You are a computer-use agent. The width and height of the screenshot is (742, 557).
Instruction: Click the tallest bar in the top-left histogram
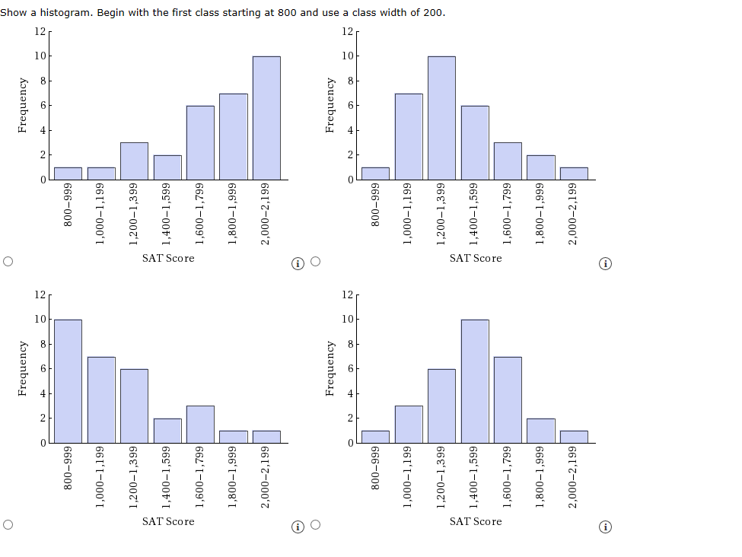tap(266, 118)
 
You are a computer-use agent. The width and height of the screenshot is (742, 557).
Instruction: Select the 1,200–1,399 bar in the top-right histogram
tap(441, 118)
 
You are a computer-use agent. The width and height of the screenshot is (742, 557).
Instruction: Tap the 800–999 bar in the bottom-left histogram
tap(68, 380)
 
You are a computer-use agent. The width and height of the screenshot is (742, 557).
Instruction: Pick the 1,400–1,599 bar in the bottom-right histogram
tap(475, 380)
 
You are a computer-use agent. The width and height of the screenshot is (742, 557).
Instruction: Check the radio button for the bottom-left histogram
tap(8, 525)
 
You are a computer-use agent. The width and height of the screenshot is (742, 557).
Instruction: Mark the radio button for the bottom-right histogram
tap(315, 525)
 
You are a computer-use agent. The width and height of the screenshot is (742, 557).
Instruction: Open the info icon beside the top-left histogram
tap(298, 264)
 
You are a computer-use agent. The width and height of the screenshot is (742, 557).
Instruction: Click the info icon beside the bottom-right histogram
tap(606, 527)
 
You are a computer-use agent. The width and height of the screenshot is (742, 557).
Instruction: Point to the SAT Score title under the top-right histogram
tap(476, 259)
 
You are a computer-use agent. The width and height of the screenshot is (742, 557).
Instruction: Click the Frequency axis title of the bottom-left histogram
tap(24, 368)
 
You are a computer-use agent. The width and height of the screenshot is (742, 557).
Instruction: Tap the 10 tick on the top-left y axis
tap(40, 56)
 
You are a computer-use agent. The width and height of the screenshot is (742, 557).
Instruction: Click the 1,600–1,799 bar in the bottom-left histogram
tap(200, 424)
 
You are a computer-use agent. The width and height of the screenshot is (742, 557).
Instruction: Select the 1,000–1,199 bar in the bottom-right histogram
tap(409, 424)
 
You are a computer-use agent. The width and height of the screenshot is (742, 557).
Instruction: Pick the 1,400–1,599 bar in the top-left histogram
tap(167, 167)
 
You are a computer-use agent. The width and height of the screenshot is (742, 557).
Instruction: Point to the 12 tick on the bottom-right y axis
tap(347, 294)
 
